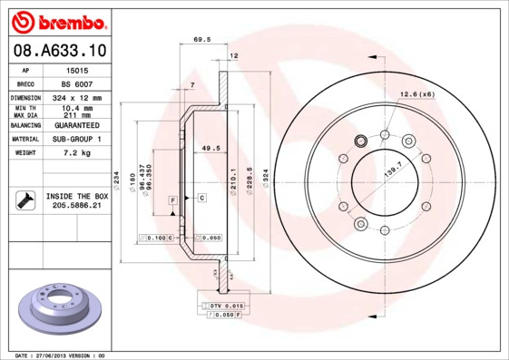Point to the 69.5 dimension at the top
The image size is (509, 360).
(202, 39)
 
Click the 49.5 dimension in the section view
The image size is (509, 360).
(210, 147)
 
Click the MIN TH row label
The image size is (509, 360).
(24, 108)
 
